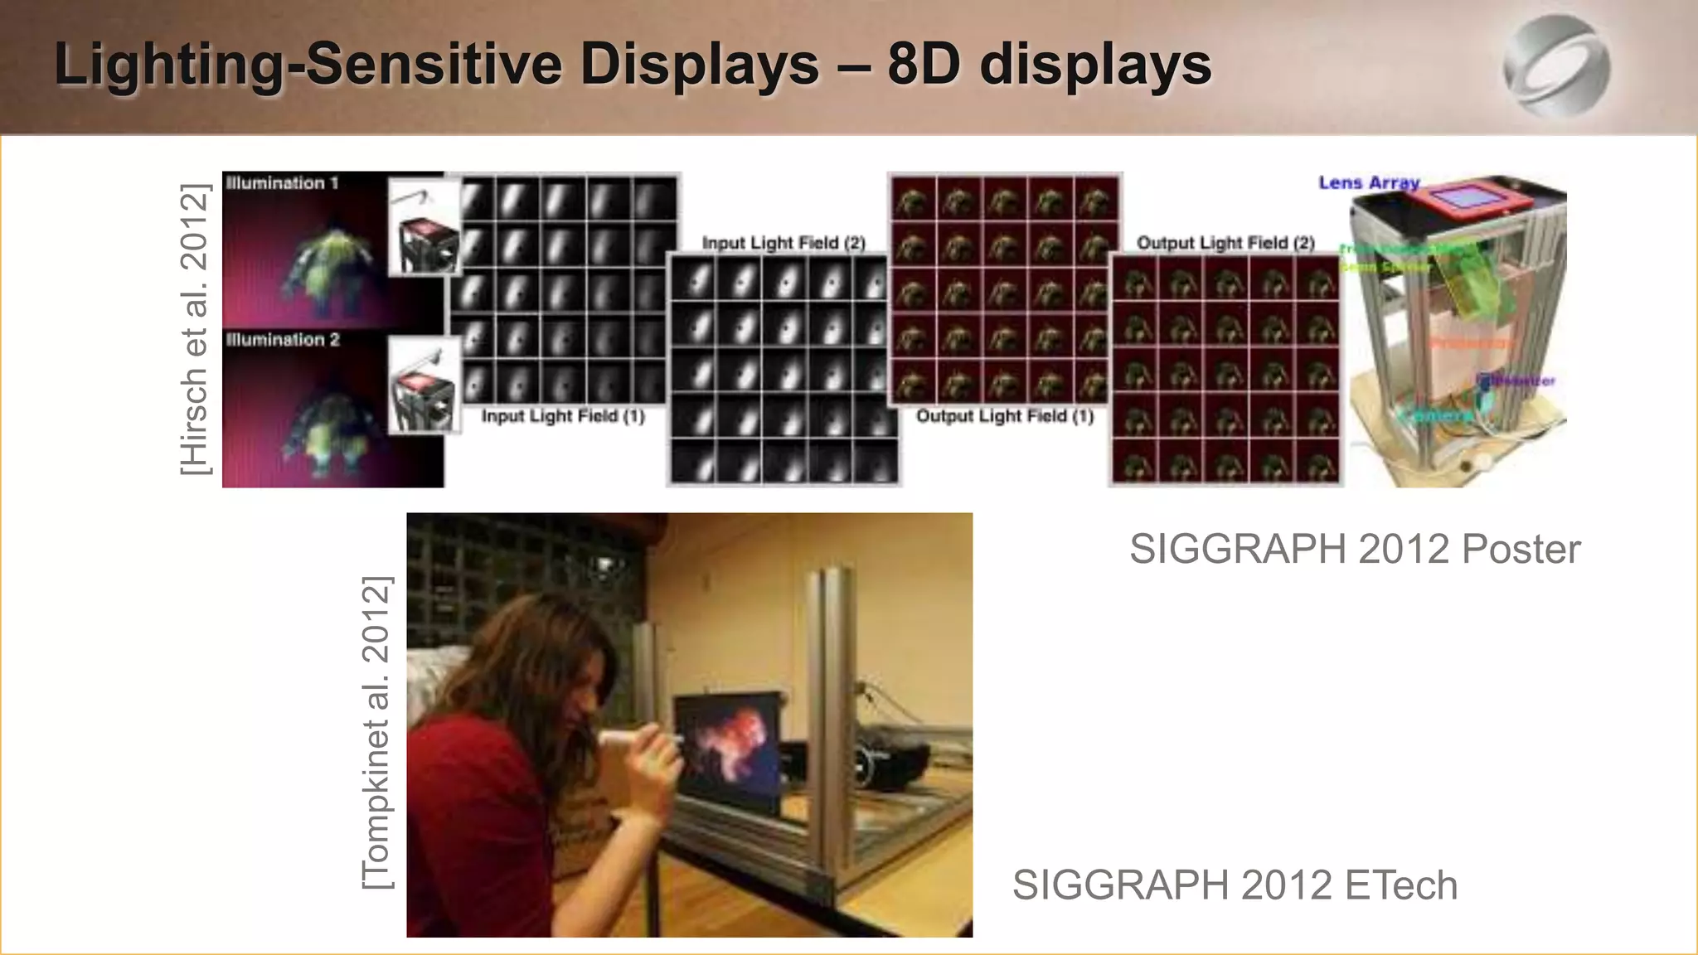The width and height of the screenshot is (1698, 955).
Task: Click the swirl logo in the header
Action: (x=1556, y=65)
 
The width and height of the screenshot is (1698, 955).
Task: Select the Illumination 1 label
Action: (x=282, y=183)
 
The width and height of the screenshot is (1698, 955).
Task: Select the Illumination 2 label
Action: (x=283, y=340)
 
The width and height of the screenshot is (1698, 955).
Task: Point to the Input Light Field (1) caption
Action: (x=563, y=416)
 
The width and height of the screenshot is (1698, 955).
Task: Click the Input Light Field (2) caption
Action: (x=784, y=243)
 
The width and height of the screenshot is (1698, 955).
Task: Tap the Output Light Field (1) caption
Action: (x=1005, y=416)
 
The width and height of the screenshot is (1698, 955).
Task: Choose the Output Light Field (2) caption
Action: (x=1225, y=243)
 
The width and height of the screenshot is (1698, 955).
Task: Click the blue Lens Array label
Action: (x=1369, y=182)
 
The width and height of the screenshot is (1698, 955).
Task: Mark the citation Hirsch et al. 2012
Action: (x=196, y=329)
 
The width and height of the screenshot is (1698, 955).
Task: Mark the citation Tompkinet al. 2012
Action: (x=377, y=733)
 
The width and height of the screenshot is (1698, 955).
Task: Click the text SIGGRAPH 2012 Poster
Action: (x=1355, y=549)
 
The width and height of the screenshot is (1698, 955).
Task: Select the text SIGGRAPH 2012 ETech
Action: (x=1235, y=885)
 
